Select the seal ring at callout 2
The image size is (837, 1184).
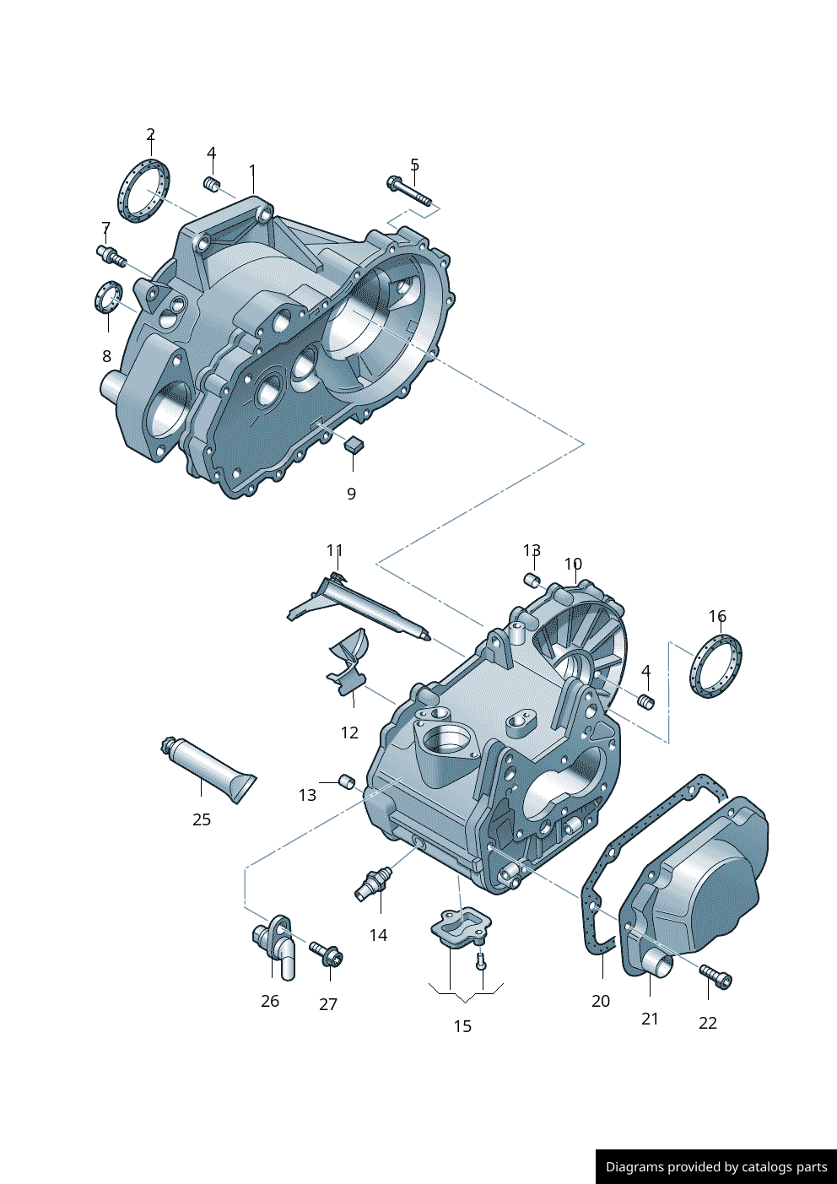coord(143,192)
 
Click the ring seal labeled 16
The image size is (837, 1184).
coord(716,667)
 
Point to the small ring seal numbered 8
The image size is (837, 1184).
coord(108,297)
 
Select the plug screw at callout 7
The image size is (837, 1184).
coord(111,254)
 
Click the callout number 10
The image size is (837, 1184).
coord(573,564)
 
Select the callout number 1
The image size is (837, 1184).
coord(252,171)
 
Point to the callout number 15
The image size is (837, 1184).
coord(462,1026)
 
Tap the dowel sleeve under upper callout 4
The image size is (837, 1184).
coord(213,184)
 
